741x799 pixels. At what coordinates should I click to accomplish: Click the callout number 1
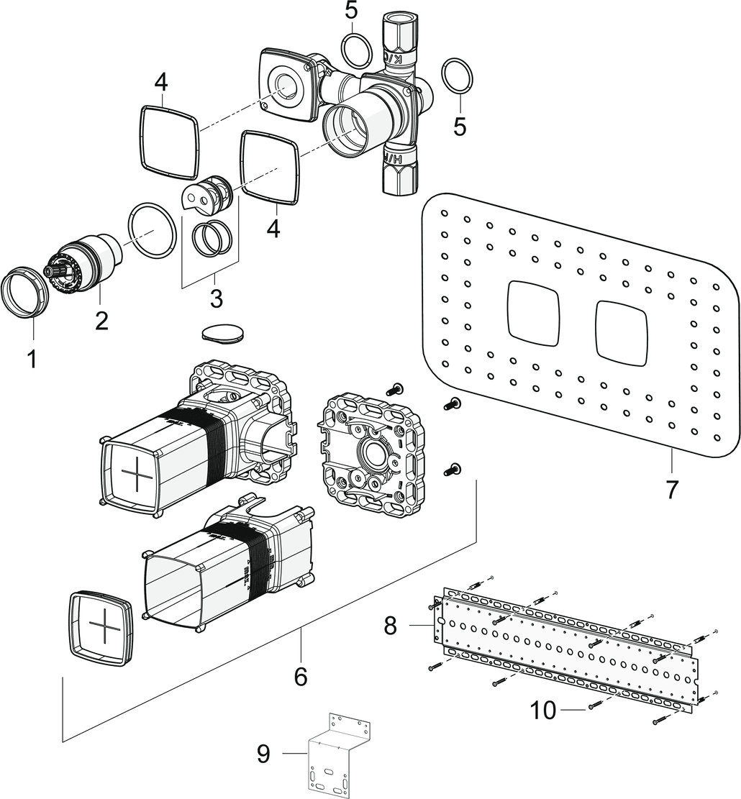[x=31, y=357]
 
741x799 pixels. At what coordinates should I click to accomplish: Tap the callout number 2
[x=101, y=319]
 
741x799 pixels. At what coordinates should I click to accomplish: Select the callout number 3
[x=215, y=296]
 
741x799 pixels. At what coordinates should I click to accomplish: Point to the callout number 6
[x=300, y=675]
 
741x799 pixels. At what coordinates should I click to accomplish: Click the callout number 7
[x=671, y=489]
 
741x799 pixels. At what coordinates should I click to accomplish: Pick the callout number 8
[x=390, y=625]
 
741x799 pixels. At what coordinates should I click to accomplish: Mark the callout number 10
[x=544, y=711]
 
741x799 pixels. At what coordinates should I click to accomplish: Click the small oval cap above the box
[x=223, y=332]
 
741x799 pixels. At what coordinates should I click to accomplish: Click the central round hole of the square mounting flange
[x=375, y=455]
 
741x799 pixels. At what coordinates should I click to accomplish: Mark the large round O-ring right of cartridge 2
[x=151, y=229]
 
